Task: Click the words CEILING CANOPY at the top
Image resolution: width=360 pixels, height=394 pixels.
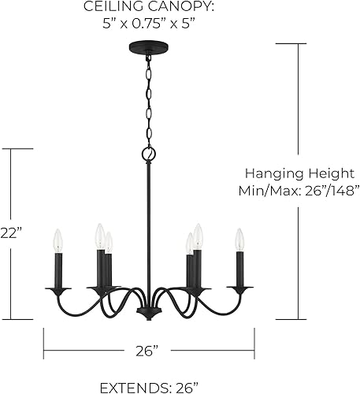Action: [x=150, y=7]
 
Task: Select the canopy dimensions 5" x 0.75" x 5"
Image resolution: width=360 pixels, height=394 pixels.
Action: [x=150, y=23]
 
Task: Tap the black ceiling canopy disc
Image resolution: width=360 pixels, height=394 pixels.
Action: [x=147, y=48]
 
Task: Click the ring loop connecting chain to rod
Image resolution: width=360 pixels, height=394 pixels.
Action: [x=147, y=153]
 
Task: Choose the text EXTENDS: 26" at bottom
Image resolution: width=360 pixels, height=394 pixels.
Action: [x=150, y=385]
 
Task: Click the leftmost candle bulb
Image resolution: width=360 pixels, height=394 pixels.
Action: [x=57, y=240]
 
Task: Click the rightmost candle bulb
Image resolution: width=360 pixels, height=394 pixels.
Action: [x=239, y=240]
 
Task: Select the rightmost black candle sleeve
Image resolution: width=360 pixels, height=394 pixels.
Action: [x=239, y=269]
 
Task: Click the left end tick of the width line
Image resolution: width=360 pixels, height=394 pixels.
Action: [x=43, y=337]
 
